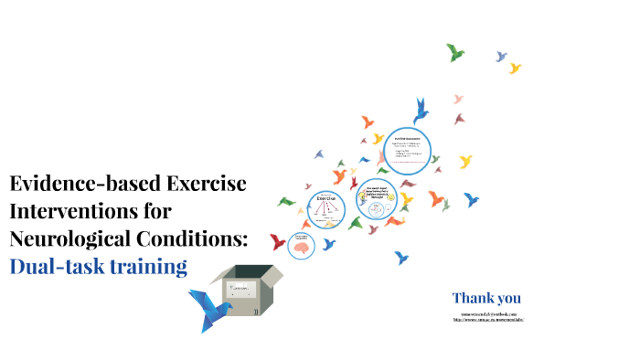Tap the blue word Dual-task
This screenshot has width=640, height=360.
[x=60, y=267]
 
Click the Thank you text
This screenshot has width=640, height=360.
[x=486, y=298]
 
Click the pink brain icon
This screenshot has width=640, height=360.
[x=301, y=244]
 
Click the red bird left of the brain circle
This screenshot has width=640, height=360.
[x=278, y=241]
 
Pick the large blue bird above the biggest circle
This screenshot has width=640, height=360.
[x=421, y=111]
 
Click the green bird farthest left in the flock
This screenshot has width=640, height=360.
[x=286, y=201]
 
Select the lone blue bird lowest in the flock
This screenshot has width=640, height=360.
[x=402, y=259]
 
